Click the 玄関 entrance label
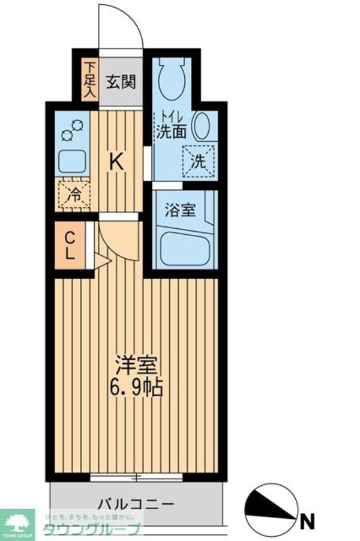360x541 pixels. coord(121,82)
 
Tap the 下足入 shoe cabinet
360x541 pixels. coord(90,80)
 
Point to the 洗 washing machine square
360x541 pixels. coord(199,161)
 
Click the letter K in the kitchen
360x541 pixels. coord(117,162)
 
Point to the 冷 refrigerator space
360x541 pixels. coord(74,194)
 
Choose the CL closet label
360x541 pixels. coord(70,245)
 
